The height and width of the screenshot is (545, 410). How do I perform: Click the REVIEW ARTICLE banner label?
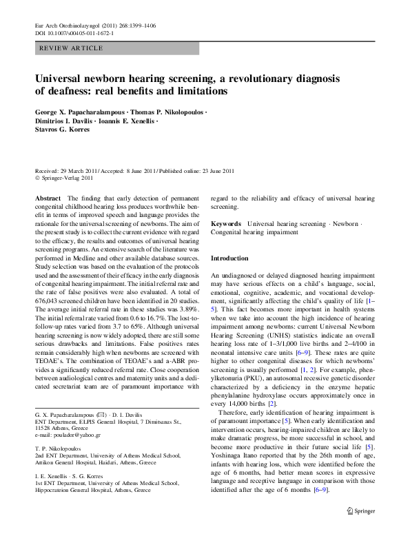pyautogui.click(x=72, y=48)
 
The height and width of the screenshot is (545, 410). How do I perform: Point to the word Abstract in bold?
pyautogui.click(x=48, y=198)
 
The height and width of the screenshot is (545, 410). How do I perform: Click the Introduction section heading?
pyautogui.click(x=229, y=258)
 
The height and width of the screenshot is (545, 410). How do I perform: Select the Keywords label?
pyautogui.click(x=226, y=225)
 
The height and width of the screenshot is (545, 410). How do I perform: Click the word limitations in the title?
pyautogui.click(x=196, y=92)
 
